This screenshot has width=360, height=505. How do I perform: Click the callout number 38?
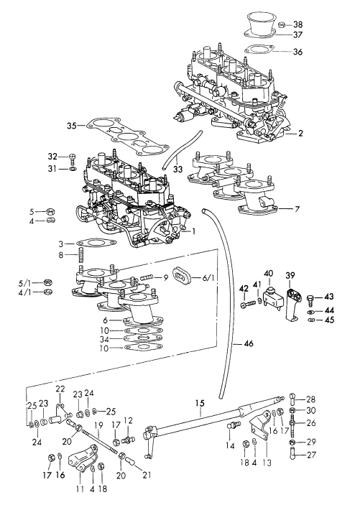tap(297, 24)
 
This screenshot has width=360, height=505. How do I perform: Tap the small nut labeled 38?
tap(282, 24)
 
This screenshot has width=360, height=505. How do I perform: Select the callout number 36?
tap(297, 52)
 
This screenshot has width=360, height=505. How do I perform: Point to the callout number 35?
tap(72, 126)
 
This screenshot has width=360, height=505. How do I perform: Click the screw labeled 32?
tap(73, 159)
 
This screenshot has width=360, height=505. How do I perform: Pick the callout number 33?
tap(177, 169)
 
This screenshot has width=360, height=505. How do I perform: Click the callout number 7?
tap(297, 209)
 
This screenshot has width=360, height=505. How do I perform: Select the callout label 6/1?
tap(208, 277)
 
